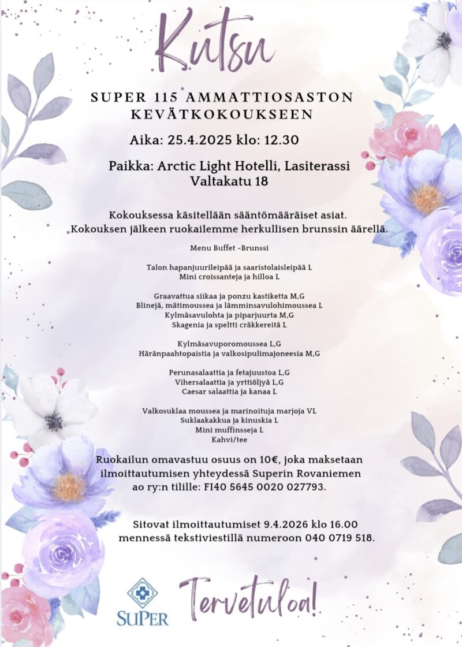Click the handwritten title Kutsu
214,43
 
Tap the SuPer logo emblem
142,592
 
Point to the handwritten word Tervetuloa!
248,598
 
